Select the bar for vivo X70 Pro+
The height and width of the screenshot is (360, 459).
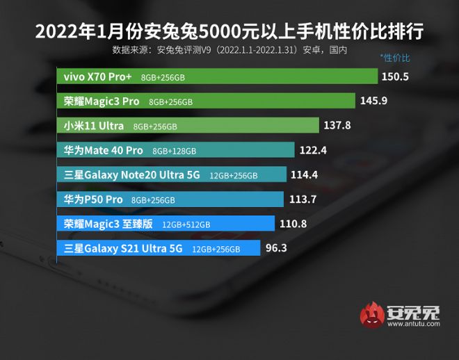click(216, 76)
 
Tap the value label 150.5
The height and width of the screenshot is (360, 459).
click(395, 76)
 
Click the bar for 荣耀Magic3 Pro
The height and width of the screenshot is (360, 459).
click(205, 101)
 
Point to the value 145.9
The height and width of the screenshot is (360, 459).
click(373, 101)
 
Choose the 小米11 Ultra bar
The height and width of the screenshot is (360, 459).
click(187, 126)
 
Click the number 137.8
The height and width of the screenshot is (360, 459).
click(337, 126)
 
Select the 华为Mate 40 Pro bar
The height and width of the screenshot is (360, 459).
click(175, 150)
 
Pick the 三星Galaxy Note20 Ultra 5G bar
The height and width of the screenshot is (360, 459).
click(171, 175)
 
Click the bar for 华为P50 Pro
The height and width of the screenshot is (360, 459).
click(170, 199)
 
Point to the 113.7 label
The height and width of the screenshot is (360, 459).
click(302, 199)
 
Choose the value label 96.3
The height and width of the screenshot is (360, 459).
click(276, 248)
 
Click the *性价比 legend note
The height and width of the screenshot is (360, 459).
click(395, 58)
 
